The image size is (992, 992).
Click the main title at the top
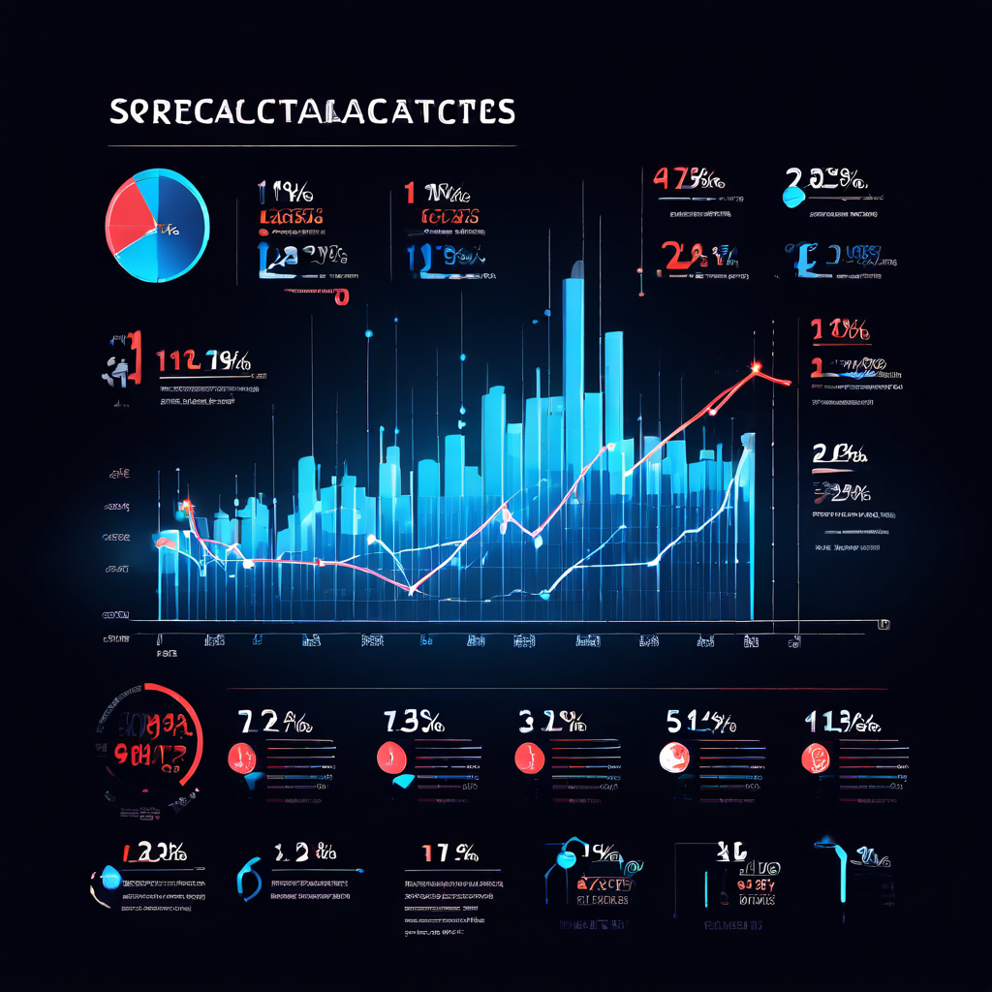click(x=311, y=111)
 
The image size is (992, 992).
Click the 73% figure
click(x=414, y=722)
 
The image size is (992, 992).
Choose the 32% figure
click(x=550, y=722)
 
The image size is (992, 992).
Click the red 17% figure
click(x=449, y=853)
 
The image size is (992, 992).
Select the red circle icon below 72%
click(x=240, y=756)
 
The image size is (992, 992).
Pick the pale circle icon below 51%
click(x=671, y=756)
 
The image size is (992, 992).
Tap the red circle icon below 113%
click(x=817, y=757)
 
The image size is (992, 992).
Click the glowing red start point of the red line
click(x=184, y=505)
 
